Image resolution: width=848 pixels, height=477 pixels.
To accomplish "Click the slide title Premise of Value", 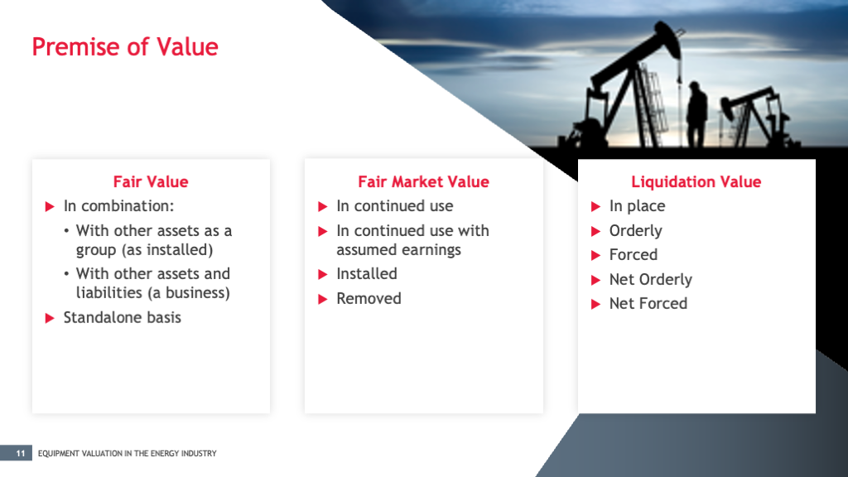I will [x=125, y=46].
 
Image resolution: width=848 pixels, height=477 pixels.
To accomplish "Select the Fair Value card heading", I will [x=151, y=182].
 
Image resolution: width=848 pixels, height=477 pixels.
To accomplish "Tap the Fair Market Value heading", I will [x=423, y=182].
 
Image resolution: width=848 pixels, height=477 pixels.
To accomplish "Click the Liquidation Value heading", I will [x=696, y=182].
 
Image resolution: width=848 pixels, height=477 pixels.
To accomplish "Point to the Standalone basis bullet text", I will [x=122, y=317].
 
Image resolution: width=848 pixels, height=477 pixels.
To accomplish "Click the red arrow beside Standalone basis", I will [x=50, y=318].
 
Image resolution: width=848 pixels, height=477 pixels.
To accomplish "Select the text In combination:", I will [x=118, y=206].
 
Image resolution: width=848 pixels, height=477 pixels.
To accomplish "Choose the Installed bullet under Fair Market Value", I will [x=366, y=274].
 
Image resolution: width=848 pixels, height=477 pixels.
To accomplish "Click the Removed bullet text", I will [x=369, y=299].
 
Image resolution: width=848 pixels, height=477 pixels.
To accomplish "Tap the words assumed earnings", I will [x=398, y=250].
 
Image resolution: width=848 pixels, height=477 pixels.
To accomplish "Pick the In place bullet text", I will [x=637, y=206].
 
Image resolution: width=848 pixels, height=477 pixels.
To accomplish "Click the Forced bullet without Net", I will [x=633, y=255].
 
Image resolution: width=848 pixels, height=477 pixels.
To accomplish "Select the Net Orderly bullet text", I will [x=650, y=280].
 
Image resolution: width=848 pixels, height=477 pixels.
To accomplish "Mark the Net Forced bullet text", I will [x=648, y=304].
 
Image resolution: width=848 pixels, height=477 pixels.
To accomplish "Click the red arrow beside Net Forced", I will [x=595, y=305].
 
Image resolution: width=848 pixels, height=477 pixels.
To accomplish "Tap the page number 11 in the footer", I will [x=20, y=453].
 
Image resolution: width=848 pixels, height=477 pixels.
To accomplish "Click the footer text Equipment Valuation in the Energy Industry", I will [x=127, y=453].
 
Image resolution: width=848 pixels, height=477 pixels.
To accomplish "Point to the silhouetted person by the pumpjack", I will [x=697, y=117].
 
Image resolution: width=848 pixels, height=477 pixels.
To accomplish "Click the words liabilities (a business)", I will [x=152, y=293].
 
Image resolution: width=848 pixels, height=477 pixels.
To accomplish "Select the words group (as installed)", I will [x=144, y=250].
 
